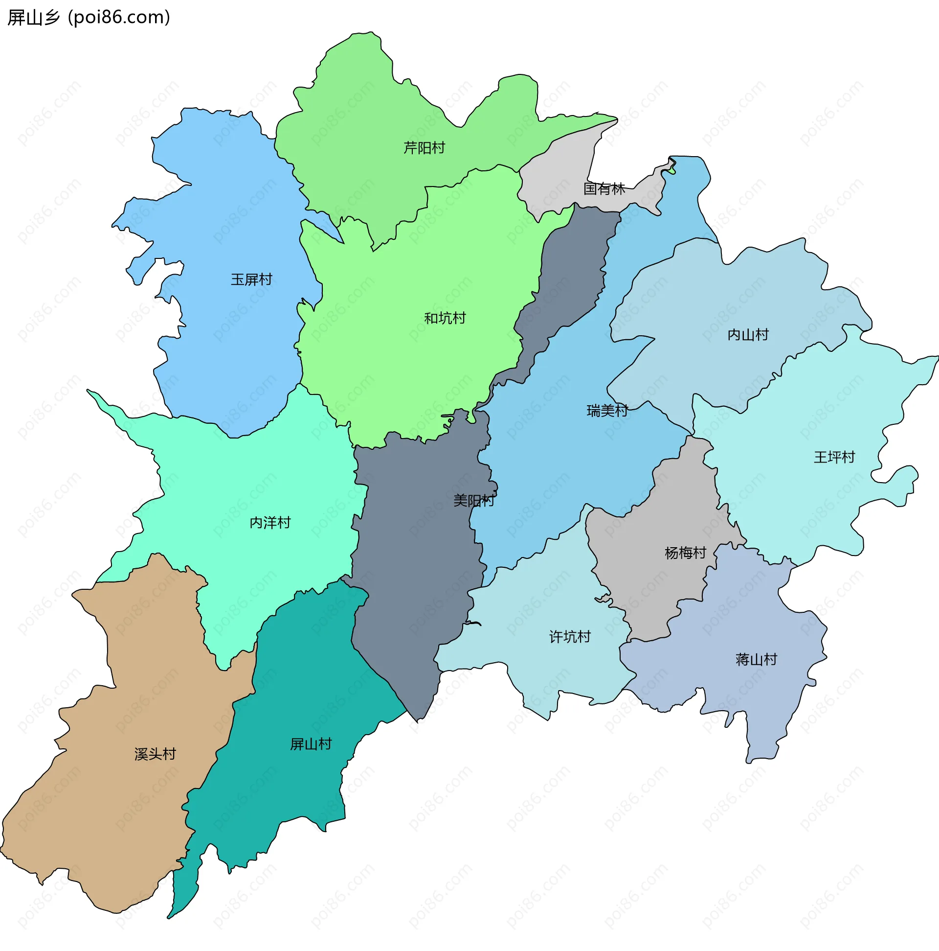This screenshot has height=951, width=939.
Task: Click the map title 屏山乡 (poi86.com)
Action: (89, 18)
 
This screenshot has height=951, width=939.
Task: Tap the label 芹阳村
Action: (424, 148)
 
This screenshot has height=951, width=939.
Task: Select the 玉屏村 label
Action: (251, 279)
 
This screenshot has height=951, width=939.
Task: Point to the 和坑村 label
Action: (445, 319)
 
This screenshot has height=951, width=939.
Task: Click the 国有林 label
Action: (604, 188)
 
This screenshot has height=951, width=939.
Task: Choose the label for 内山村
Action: (748, 335)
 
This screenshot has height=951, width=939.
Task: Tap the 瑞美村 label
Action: (607, 411)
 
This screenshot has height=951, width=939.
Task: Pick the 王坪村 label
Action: (834, 457)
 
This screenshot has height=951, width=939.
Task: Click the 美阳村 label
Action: (474, 501)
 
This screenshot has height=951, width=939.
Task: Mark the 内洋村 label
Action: (270, 523)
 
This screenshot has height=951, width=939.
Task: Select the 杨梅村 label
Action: (685, 553)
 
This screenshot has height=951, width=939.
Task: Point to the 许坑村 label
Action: (570, 637)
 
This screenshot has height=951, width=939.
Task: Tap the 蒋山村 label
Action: (756, 660)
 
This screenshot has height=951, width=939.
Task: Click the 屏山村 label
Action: (311, 744)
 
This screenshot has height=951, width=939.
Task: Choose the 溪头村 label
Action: (155, 754)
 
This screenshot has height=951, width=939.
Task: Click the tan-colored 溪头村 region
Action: (123, 812)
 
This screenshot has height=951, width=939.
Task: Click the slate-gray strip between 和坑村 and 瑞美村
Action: (571, 276)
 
